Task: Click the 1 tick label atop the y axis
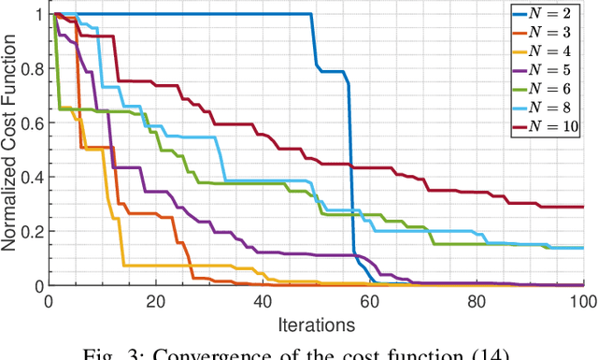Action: (x=37, y=15)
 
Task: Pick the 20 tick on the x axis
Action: (x=155, y=302)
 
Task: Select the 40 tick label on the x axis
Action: (x=263, y=302)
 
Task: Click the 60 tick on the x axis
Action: (x=369, y=302)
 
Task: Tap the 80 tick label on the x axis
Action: (x=477, y=302)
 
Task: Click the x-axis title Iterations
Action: (x=316, y=324)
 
